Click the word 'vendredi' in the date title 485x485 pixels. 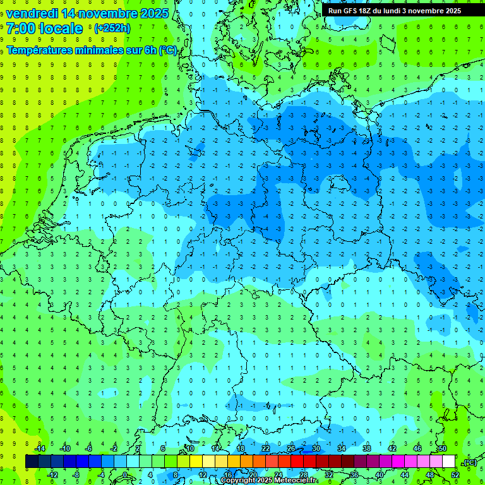click(32, 13)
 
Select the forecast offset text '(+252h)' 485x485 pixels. click(112, 28)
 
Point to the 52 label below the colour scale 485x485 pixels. click(455, 475)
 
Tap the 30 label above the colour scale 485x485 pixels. click(316, 448)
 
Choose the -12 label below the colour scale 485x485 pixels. click(53, 475)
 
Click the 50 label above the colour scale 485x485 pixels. click(442, 448)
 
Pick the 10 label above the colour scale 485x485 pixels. click(189, 448)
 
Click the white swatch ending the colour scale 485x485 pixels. click(448, 462)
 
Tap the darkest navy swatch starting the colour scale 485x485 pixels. click(32, 462)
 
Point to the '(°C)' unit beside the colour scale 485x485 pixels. click(470, 462)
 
